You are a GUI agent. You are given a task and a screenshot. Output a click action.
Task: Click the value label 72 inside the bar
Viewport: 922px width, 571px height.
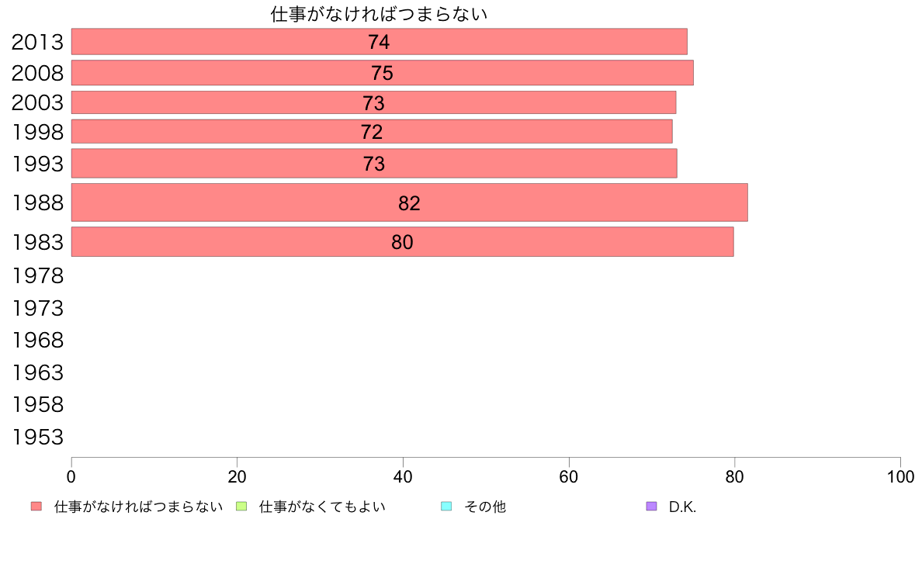coord(372,133)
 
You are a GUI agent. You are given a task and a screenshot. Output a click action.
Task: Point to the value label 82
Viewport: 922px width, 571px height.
coord(409,203)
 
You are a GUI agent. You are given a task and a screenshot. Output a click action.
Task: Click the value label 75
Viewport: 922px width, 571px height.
coord(382,73)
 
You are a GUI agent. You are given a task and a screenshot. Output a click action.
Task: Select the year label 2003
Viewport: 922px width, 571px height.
coord(37,103)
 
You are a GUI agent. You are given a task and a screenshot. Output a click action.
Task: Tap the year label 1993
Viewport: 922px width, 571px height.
coord(37,164)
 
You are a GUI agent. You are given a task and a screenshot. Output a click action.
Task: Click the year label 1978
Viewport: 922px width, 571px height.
coord(37,275)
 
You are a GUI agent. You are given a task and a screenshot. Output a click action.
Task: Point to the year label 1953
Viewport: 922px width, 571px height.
coord(37,438)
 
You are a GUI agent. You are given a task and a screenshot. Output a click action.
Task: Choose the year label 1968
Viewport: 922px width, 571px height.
coord(37,341)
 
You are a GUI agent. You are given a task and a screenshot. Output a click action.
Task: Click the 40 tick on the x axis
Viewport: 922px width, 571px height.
coord(403,477)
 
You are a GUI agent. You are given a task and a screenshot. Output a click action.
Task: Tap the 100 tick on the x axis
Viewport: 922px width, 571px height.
coord(899,477)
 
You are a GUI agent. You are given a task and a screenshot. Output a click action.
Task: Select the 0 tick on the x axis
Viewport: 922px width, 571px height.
coord(71,477)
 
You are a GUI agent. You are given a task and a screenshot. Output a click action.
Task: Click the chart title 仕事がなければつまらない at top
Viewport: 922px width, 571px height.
coord(379,14)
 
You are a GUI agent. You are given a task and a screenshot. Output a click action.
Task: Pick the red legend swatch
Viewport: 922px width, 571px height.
coord(36,507)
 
